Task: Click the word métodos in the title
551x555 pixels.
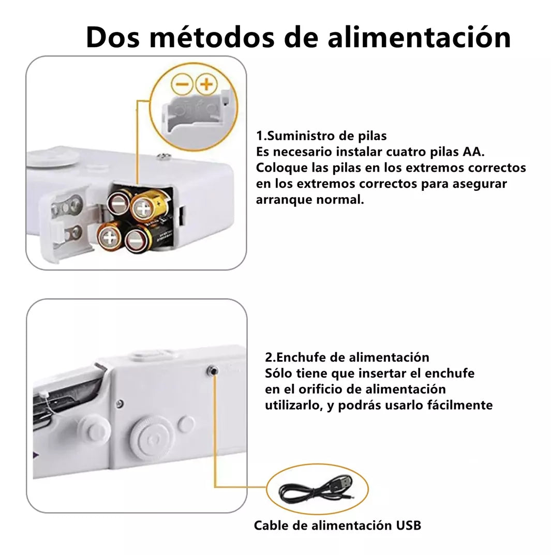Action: click(212, 37)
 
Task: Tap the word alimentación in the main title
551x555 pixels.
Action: click(419, 37)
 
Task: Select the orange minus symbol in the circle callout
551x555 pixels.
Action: click(182, 84)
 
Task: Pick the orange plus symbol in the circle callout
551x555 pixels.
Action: click(206, 84)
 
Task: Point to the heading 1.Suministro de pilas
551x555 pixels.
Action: click(321, 136)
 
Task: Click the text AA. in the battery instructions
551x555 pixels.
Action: click(473, 152)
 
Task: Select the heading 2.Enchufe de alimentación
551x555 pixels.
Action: click(347, 357)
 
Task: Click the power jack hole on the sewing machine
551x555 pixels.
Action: click(213, 371)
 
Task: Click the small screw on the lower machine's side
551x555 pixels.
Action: click(120, 403)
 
